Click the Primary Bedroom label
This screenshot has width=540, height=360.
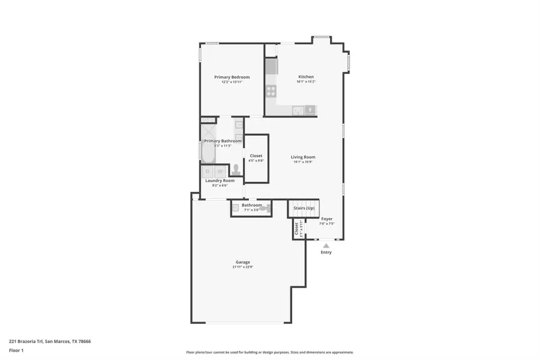point(232,77)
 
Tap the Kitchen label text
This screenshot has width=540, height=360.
point(306,77)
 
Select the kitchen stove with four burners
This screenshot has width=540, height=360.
point(271,91)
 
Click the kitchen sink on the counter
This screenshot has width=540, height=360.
point(310,109)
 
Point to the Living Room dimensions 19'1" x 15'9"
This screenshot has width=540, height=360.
point(304,162)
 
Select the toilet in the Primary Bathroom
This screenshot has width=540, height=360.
point(236,170)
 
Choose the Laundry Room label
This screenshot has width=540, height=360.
point(220,181)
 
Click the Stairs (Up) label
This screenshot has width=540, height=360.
point(304,208)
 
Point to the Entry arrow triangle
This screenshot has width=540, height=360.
point(326,245)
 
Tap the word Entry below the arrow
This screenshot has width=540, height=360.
point(326,252)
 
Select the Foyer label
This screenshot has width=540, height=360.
point(326,219)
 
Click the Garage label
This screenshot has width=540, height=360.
point(242,262)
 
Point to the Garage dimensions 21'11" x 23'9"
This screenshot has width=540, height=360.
point(242,266)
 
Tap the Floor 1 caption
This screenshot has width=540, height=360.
point(16,349)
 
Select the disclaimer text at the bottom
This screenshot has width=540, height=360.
point(269,352)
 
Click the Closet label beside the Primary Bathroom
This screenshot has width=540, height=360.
point(256,156)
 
